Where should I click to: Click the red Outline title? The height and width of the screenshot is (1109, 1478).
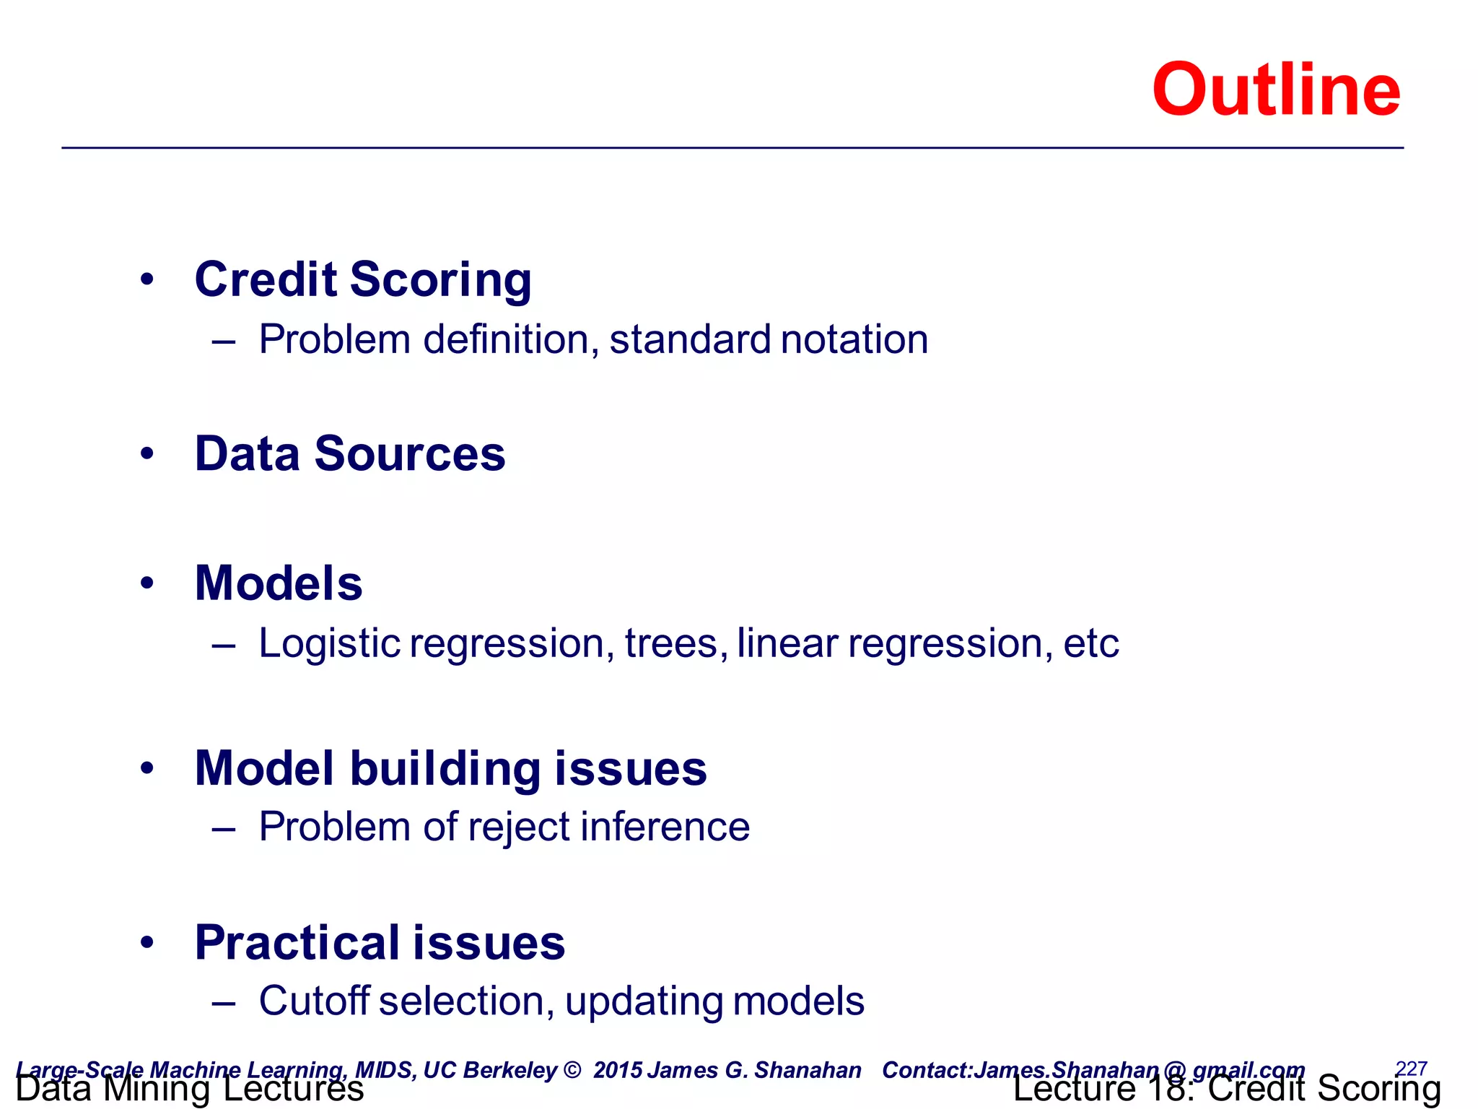point(1275,90)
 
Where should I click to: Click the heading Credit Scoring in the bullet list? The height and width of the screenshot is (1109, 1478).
point(363,280)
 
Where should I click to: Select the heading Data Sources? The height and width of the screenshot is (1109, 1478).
point(350,454)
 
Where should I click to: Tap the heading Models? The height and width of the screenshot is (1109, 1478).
point(279,583)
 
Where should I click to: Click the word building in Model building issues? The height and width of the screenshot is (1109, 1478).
point(445,768)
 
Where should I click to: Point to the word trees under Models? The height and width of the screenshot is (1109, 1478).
point(670,643)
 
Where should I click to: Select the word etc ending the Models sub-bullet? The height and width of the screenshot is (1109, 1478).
point(1090,643)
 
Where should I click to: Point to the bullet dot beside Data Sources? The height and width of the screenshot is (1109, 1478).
point(147,454)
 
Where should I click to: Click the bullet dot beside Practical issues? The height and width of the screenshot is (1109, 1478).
point(147,943)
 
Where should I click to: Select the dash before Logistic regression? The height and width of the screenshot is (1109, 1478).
point(224,644)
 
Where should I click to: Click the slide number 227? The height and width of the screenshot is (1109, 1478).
point(1411,1068)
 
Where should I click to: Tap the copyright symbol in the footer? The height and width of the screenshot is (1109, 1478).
point(572,1070)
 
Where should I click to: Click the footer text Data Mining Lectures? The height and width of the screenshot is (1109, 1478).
point(190,1090)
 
